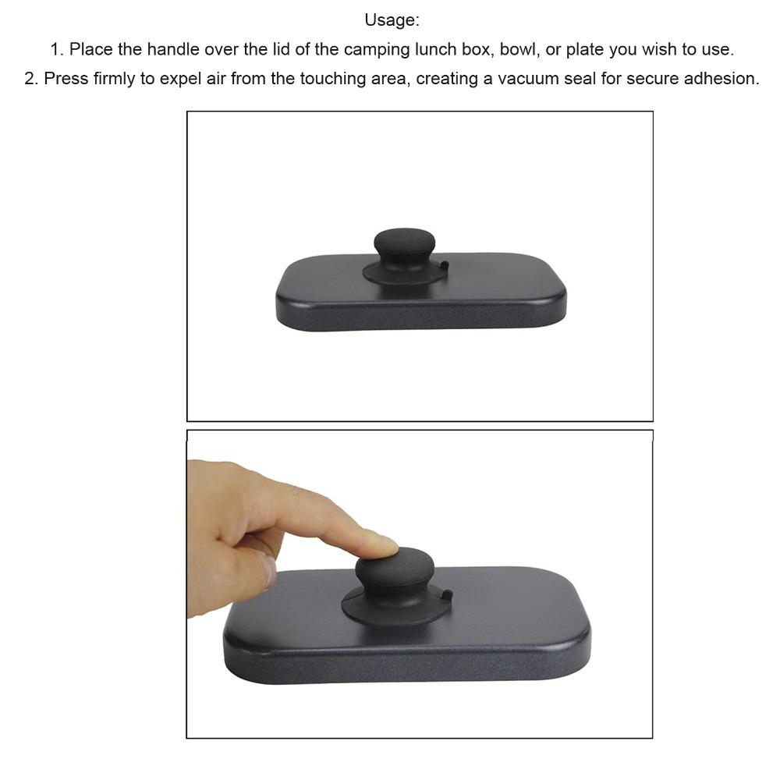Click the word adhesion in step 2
point(722,80)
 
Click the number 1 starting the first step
point(55,50)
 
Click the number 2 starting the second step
point(30,80)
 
